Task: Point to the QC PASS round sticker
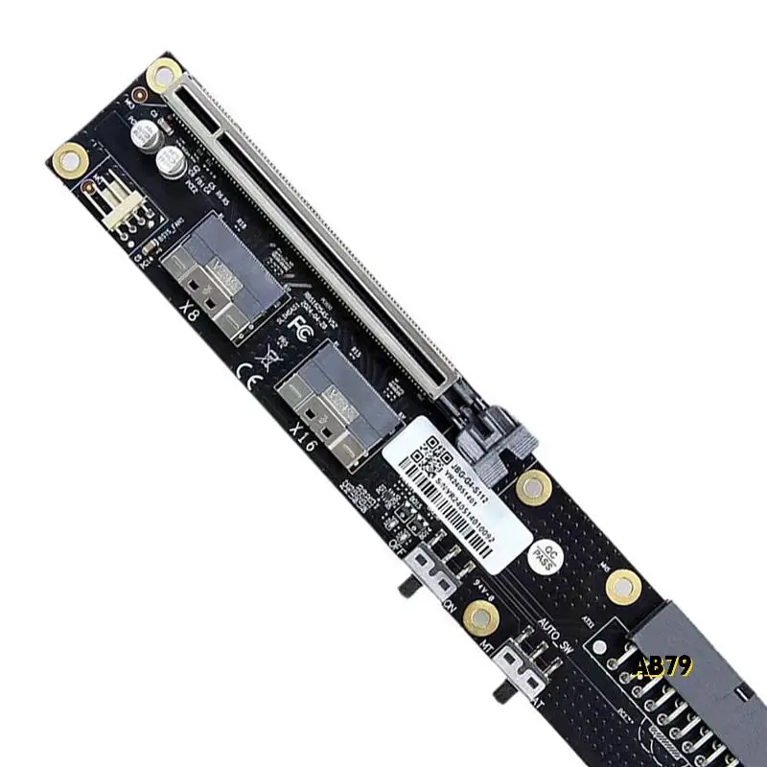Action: click(x=545, y=555)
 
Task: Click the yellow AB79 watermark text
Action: click(x=662, y=664)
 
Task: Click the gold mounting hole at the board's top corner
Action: click(x=165, y=71)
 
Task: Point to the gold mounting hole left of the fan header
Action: click(x=69, y=156)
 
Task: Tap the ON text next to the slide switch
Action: click(x=449, y=608)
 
